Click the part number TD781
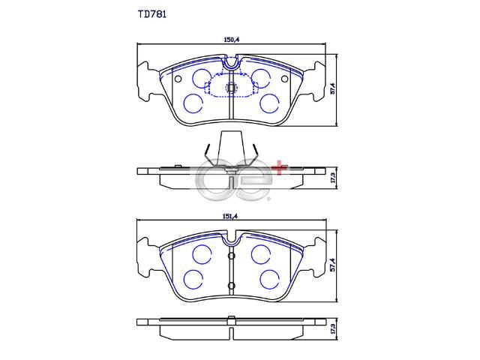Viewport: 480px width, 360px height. (152, 14)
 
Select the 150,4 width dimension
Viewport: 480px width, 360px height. (232, 40)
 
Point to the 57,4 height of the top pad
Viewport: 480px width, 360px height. (333, 88)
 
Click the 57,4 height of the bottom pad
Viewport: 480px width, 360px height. (333, 265)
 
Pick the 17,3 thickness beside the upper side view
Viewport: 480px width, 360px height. (333, 178)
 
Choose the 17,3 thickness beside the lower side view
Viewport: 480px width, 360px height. (333, 328)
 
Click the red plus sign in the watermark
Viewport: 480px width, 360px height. (280, 168)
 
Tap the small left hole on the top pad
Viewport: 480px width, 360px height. (178, 79)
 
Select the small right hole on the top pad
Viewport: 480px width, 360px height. (285, 79)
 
